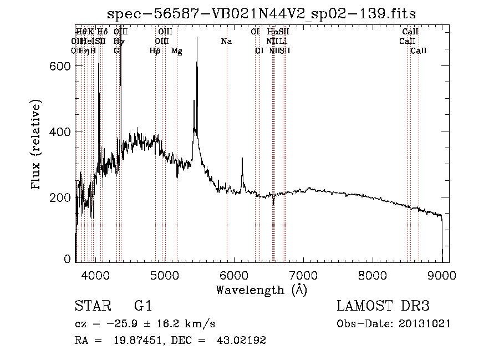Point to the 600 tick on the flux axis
pos(60,66)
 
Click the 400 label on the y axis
pos(60,131)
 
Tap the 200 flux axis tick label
pos(60,197)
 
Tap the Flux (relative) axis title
pos(37,145)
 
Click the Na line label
pos(226,41)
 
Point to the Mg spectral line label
pos(177,51)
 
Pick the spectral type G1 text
pos(142,306)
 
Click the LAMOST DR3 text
pos(383,306)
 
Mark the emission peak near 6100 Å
pos(242,159)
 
